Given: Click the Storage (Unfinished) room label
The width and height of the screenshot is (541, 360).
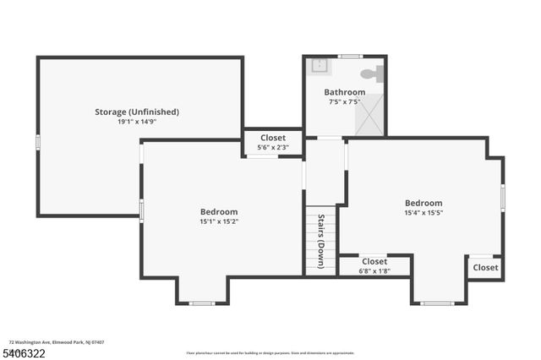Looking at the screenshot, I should click(136, 112).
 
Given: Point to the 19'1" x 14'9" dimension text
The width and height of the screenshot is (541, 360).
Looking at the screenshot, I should click(136, 122).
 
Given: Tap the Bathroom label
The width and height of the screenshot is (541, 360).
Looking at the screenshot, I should click(344, 92).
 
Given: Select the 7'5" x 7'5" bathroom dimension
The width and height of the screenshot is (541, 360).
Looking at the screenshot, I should click(344, 101).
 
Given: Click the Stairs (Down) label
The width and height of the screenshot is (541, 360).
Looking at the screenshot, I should click(321, 240).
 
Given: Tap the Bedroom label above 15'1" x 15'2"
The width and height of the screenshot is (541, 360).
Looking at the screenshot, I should click(219, 212).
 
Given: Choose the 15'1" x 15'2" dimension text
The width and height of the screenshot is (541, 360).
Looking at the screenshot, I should click(219, 222).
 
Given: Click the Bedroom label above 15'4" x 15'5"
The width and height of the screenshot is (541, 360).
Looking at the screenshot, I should click(423, 203).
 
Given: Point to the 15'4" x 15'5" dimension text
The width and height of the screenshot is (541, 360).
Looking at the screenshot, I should click(423, 213).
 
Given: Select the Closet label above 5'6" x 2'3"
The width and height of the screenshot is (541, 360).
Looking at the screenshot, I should click(273, 138).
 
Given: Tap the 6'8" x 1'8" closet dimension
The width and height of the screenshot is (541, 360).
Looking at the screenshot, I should click(374, 271).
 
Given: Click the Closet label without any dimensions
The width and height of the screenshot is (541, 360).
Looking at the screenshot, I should click(485, 268).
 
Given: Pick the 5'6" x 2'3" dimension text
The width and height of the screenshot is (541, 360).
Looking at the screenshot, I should click(273, 148).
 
